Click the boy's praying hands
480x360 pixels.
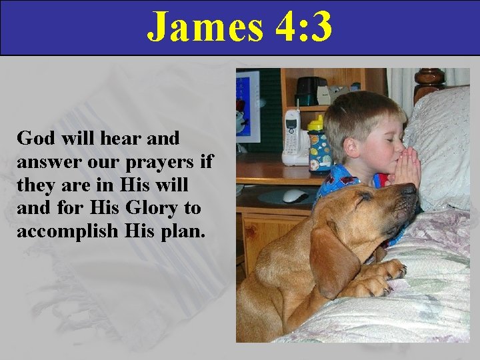point(406,167)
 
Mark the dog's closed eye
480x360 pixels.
point(363,198)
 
